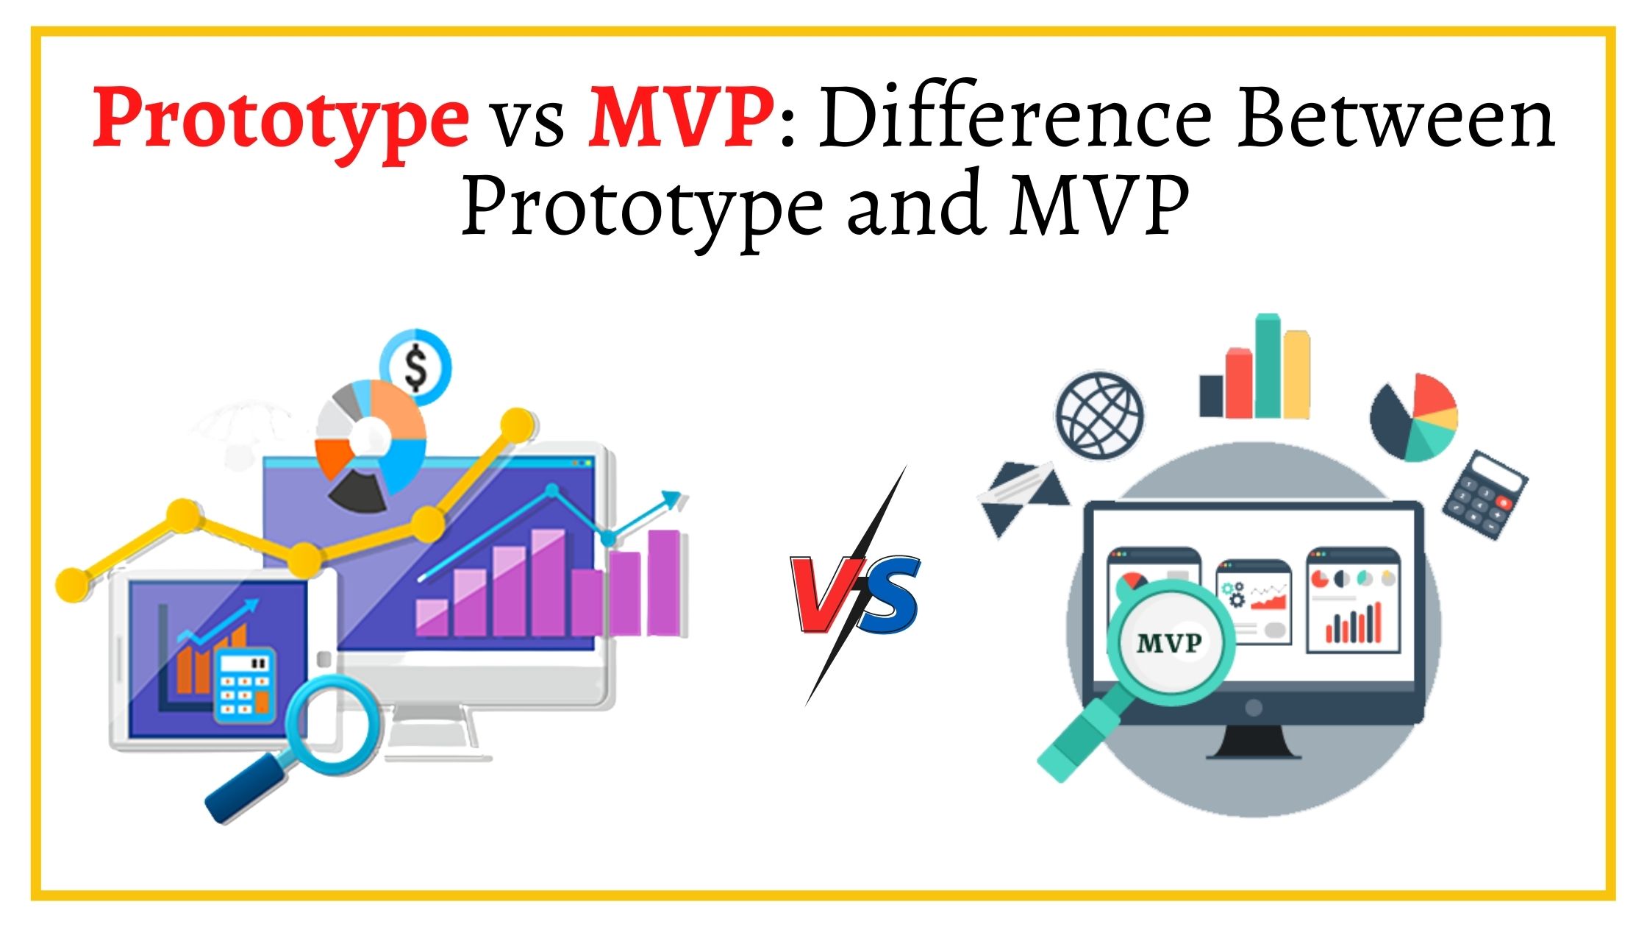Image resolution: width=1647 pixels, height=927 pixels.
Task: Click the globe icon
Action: tap(1099, 416)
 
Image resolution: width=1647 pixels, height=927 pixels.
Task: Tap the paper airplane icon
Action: tap(1022, 497)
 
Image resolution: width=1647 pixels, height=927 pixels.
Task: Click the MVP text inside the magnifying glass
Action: tap(1168, 644)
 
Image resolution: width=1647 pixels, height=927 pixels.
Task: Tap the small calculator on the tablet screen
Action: tap(243, 683)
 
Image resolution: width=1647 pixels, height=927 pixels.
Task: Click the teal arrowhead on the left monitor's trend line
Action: tap(672, 500)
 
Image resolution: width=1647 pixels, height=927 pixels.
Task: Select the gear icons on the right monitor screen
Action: tap(1233, 594)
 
